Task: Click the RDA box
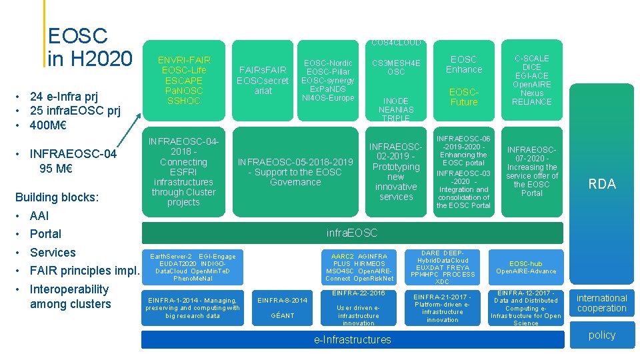pos(601,185)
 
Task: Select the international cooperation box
pos(601,303)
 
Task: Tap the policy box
pos(601,335)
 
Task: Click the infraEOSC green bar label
pos(352,233)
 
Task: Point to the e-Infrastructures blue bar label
pos(352,340)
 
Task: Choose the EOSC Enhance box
pos(464,64)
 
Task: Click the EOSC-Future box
pos(464,97)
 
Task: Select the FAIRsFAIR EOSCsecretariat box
pos(263,80)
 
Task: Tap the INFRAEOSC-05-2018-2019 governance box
pos(295,172)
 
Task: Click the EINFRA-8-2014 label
pos(282,300)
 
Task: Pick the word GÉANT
pos(282,315)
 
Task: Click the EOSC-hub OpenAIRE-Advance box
pos(526,267)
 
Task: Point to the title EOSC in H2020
pos(89,47)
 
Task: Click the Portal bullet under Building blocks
pos(45,234)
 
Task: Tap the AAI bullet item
pos(39,216)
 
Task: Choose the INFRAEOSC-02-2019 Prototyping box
pos(396,172)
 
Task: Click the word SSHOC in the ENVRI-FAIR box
pos(183,101)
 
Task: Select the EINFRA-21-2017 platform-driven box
pos(442,308)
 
